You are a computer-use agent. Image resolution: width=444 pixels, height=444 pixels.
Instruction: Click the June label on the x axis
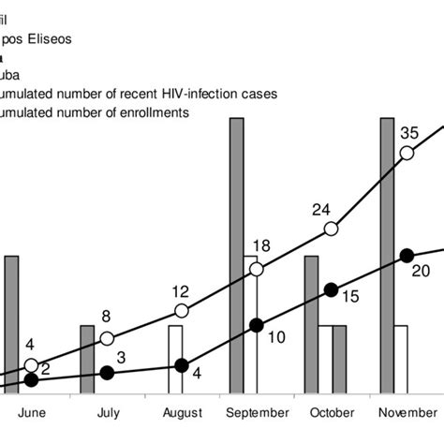coord(32,412)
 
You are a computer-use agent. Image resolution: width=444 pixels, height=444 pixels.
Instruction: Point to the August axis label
coord(182,412)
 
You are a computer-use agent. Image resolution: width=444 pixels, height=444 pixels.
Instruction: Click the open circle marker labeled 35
coord(407,153)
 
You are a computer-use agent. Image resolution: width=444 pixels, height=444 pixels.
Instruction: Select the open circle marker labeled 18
coord(257,270)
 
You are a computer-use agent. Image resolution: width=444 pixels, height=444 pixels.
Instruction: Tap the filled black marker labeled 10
coord(257,325)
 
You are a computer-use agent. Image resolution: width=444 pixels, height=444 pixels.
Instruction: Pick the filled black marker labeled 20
coord(407,255)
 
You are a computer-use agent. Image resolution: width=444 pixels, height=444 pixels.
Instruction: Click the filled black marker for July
coord(107,372)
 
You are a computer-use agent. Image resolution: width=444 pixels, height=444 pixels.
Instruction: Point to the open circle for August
coord(182,311)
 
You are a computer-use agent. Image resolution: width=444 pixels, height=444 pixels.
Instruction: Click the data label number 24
coord(322,208)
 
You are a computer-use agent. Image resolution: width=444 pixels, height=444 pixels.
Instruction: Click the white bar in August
coord(175,360)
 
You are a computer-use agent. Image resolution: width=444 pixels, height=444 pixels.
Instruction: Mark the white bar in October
coord(325,360)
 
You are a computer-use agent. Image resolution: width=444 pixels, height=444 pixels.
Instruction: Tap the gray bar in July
coord(86,360)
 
